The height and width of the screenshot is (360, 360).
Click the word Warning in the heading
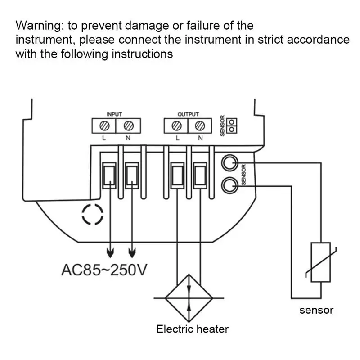tap(38, 26)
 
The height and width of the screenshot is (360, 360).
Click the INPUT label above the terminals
tap(114, 114)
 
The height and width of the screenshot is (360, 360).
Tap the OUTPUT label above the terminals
tap(188, 114)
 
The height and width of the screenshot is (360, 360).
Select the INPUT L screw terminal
tap(104, 126)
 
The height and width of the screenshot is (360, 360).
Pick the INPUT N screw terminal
tap(129, 126)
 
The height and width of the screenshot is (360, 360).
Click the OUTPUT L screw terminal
tap(176, 126)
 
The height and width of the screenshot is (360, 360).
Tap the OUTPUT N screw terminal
tap(200, 126)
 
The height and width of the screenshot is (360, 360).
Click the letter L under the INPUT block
tap(104, 138)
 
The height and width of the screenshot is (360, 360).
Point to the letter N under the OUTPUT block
tap(200, 138)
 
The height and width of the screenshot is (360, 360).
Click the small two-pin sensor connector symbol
tap(232, 126)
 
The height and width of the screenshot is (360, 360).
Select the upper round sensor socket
tap(229, 163)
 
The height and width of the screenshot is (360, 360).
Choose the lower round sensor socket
tap(229, 185)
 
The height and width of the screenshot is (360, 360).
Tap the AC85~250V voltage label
tap(104, 270)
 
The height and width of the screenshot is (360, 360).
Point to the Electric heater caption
tap(193, 329)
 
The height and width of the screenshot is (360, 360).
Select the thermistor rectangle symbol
tap(320, 262)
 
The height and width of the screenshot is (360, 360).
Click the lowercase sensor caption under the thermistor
tap(316, 310)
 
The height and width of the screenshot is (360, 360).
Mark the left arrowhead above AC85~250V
tap(110, 253)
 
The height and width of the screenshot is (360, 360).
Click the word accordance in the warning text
tap(318, 40)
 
